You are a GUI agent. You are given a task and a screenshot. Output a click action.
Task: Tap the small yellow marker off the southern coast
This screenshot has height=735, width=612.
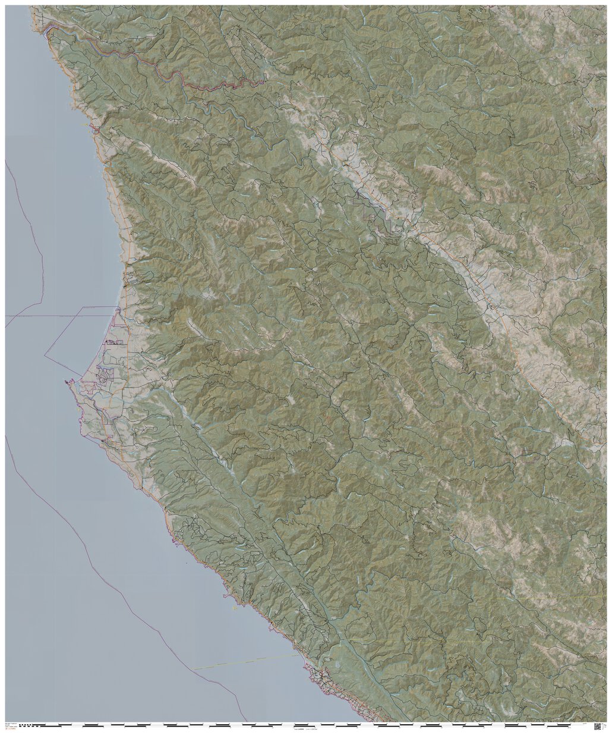235,607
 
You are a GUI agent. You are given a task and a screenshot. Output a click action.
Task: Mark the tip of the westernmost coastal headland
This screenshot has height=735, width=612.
66,381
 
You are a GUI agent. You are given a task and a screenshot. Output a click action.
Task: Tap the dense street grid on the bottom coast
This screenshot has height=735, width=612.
321,678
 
